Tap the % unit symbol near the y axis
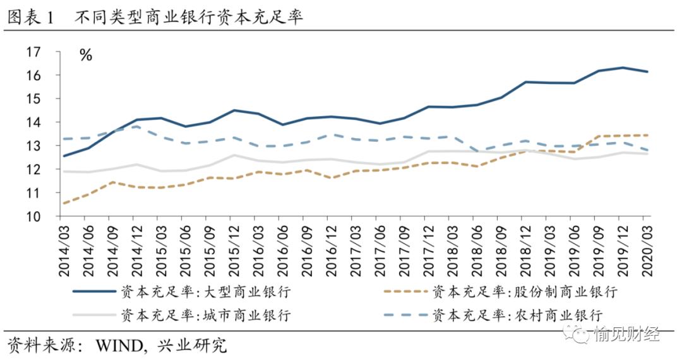pos(86,55)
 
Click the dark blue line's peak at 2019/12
pos(622,68)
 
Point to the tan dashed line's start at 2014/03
pos(64,203)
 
